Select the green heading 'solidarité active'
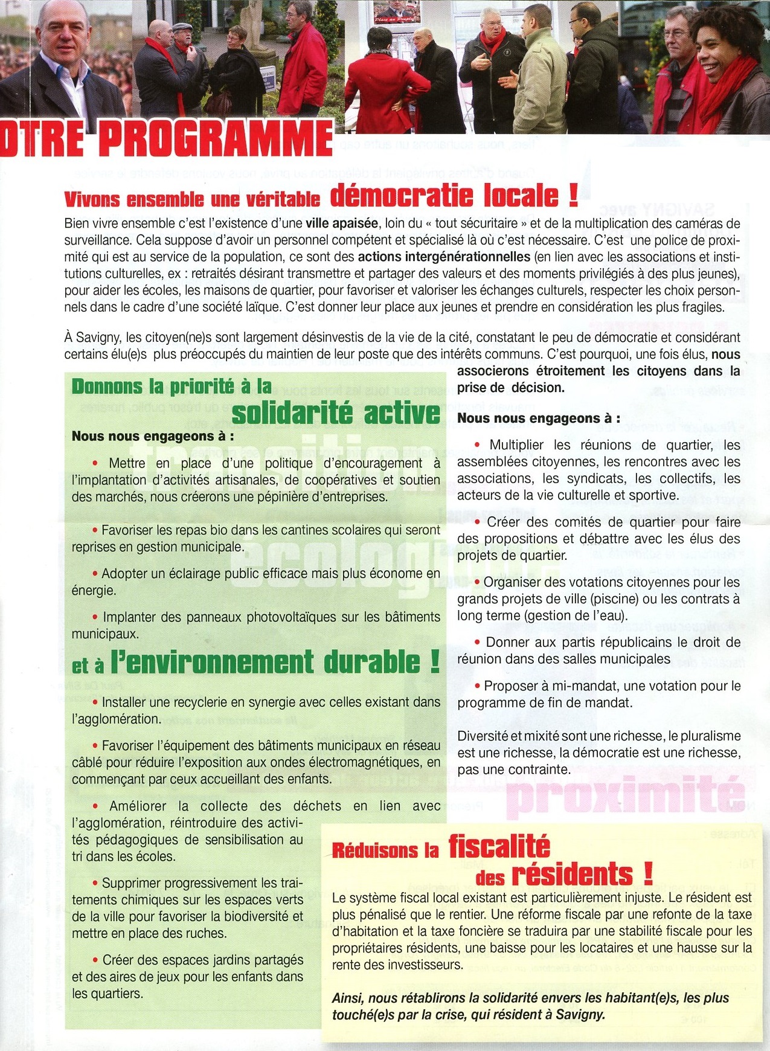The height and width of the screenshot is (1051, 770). click(x=336, y=413)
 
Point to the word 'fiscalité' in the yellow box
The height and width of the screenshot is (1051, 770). click(x=499, y=846)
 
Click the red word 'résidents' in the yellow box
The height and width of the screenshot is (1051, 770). click(x=572, y=875)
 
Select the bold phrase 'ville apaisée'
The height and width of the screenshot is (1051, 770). click(x=342, y=223)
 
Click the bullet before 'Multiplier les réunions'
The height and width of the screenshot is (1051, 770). click(x=478, y=445)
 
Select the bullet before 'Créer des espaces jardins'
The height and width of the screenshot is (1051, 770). click(x=95, y=960)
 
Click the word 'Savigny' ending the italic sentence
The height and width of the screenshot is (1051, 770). click(x=584, y=1015)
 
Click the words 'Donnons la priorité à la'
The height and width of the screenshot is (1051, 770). click(x=172, y=387)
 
